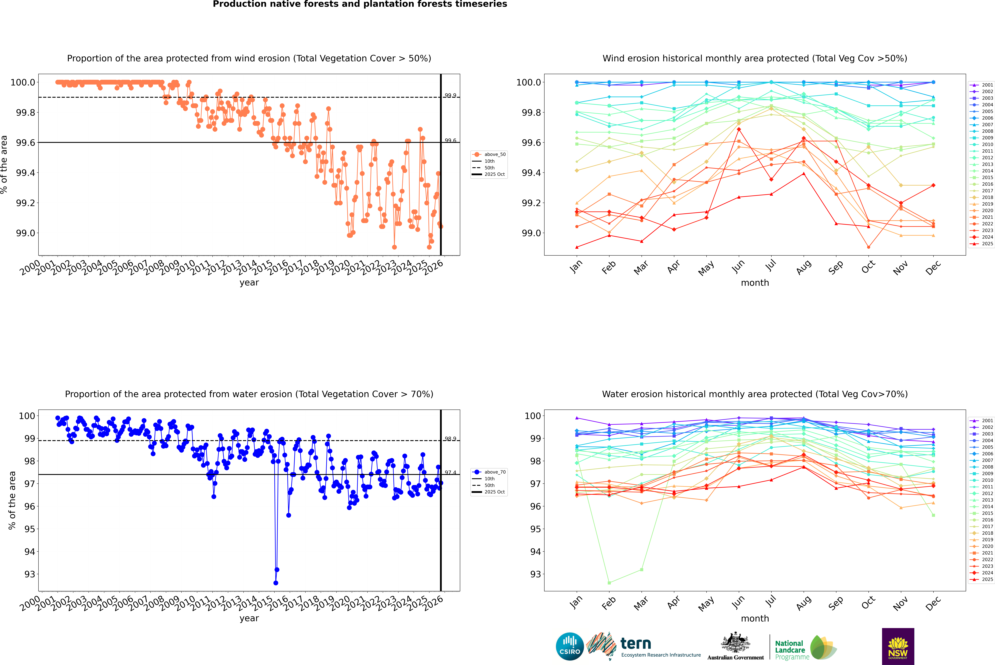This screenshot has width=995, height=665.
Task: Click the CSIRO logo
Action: coord(570,646)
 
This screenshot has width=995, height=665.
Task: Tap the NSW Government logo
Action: coord(898,646)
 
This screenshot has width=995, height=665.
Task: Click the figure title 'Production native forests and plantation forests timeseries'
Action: coord(360,4)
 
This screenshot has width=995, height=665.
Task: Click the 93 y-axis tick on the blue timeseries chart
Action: coord(30,574)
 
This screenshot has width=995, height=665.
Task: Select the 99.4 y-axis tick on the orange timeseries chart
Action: coord(25,173)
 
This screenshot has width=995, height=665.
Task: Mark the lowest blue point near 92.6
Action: coord(276,583)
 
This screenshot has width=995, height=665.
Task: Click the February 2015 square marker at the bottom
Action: coord(609,583)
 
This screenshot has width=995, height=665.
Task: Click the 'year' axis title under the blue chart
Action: coord(249,618)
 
